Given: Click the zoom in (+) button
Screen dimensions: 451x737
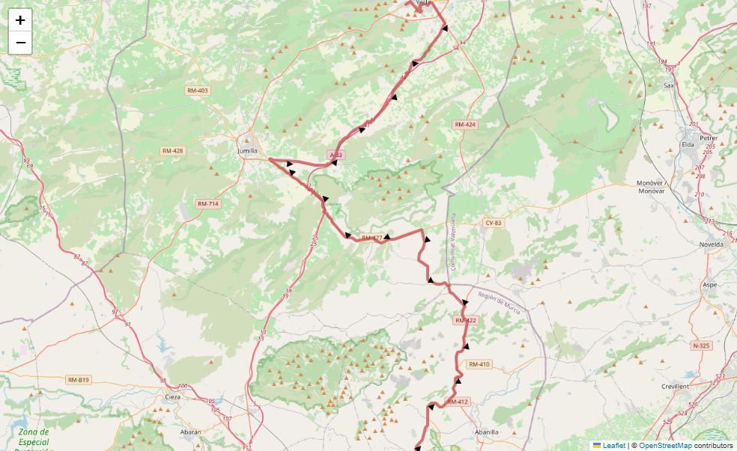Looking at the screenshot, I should tap(20, 20).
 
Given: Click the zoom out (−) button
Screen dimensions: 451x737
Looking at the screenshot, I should tap(20, 43).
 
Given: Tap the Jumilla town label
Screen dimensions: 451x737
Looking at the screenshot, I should tap(247, 150).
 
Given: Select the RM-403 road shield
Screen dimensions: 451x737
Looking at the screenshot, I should tap(198, 90).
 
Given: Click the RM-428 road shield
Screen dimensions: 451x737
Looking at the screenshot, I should tap(172, 151).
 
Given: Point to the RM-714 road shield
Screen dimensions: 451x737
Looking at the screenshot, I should tap(208, 204).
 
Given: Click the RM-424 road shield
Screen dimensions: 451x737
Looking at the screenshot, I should tap(464, 125).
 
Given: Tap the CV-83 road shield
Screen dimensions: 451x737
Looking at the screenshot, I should tap(493, 223).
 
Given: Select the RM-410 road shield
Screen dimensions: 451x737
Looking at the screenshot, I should tap(479, 364).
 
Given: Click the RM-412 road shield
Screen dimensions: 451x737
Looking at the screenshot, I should tap(458, 402).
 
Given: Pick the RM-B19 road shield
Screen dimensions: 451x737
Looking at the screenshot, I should tap(78, 380).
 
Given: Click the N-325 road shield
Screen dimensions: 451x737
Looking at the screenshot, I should tap(701, 346).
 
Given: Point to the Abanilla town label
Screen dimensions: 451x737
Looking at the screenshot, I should tap(487, 432).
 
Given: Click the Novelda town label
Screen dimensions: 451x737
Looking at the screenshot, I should tap(712, 245).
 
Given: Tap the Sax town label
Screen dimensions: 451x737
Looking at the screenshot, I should tap(669, 86).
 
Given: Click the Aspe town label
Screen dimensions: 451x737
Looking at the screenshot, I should tap(710, 285).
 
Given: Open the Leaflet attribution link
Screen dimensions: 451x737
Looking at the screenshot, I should tap(613, 446).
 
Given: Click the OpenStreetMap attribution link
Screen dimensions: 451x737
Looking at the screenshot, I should tap(665, 446).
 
